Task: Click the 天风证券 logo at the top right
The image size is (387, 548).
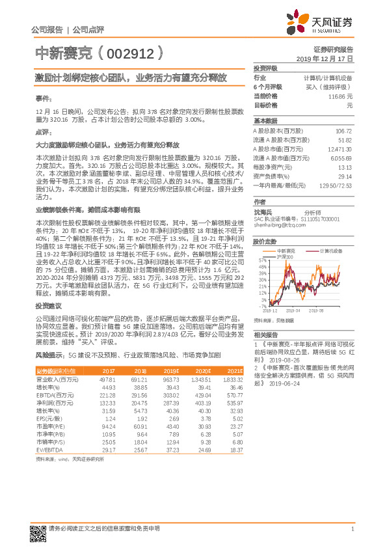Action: click(x=325, y=23)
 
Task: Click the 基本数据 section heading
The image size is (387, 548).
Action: click(x=265, y=121)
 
